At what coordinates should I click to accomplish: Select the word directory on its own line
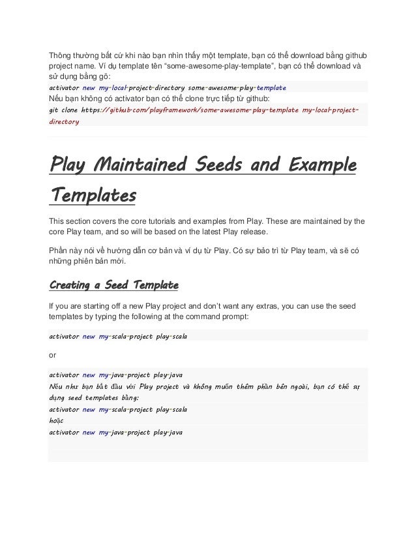tap(65, 121)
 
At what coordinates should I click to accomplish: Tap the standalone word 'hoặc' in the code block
tap(58, 420)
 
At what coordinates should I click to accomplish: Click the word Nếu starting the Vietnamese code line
tap(58, 386)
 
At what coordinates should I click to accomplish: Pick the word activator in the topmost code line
tap(65, 87)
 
